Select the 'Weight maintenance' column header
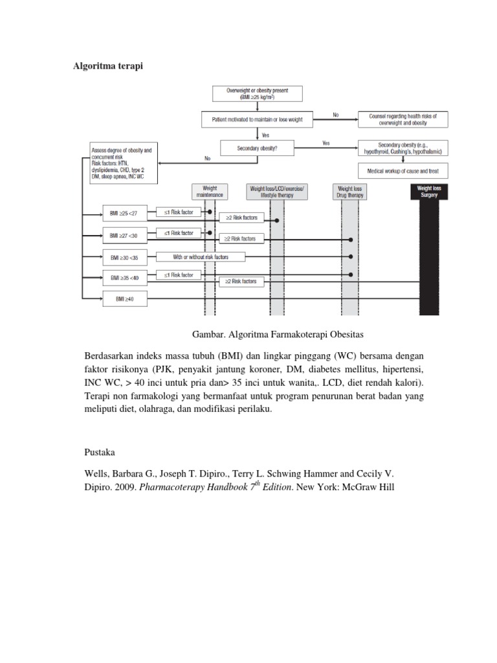click(210, 190)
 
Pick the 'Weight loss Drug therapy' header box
click(350, 190)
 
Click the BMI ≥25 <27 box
click(125, 212)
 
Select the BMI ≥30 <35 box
click(125, 257)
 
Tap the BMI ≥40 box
click(125, 299)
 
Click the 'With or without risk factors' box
click(200, 257)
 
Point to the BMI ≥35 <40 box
click(125, 278)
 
